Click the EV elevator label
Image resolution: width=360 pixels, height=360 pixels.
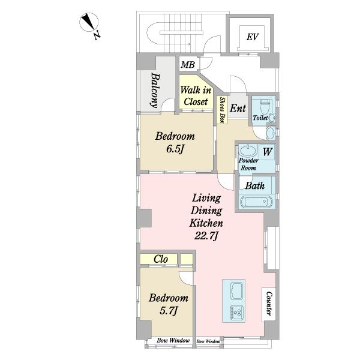click(x=253, y=37)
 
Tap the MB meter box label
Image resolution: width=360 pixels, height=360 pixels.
click(x=188, y=65)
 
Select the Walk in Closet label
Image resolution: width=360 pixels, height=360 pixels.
click(x=196, y=96)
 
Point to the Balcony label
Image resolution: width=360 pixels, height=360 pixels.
click(x=155, y=90)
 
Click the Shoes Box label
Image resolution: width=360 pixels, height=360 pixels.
click(x=222, y=110)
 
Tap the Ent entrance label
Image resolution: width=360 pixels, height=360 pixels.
click(x=238, y=108)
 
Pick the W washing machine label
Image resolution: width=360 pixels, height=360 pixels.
click(x=268, y=152)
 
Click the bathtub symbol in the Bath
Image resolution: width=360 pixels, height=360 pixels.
click(x=257, y=202)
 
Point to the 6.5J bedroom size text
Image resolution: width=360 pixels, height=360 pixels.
click(x=175, y=149)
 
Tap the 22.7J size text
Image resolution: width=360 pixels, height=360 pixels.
click(x=206, y=236)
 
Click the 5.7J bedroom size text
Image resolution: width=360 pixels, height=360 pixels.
click(x=168, y=311)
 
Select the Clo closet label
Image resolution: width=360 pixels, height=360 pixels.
click(x=161, y=259)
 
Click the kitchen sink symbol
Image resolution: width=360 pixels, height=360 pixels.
click(x=236, y=292)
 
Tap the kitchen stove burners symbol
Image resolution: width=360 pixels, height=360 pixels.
click(x=236, y=312)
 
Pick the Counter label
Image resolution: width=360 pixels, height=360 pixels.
click(x=269, y=304)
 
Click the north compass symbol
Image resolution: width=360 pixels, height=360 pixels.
click(x=89, y=22)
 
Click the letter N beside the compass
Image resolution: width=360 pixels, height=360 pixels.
click(x=97, y=35)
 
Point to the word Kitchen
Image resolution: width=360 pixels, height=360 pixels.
click(x=206, y=223)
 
